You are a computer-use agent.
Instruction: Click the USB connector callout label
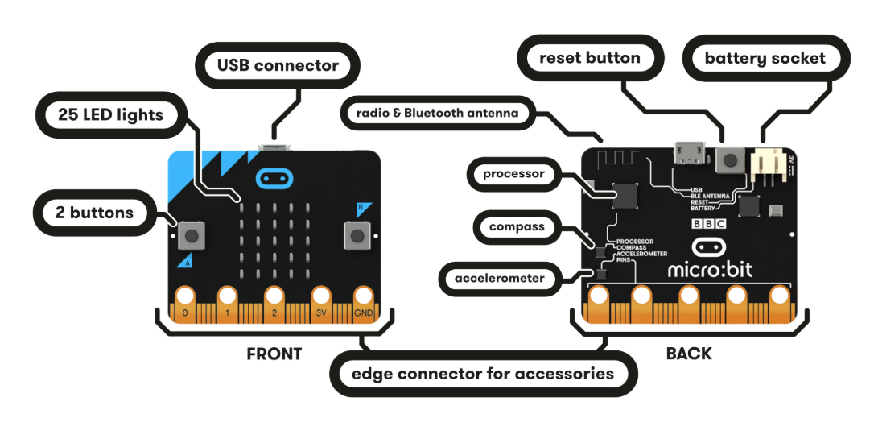tap(278, 65)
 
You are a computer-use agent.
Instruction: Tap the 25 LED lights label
tap(111, 115)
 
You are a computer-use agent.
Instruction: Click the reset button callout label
tap(590, 58)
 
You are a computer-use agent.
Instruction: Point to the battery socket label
tap(765, 59)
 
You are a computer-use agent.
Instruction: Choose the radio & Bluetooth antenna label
tap(437, 114)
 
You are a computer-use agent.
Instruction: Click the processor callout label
tap(514, 174)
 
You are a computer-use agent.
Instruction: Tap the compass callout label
tap(517, 227)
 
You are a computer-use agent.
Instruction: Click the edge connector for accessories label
tap(483, 374)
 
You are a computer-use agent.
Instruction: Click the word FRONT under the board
tap(274, 354)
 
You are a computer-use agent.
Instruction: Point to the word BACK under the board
tap(689, 354)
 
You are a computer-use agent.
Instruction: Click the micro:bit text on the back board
tap(711, 269)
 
